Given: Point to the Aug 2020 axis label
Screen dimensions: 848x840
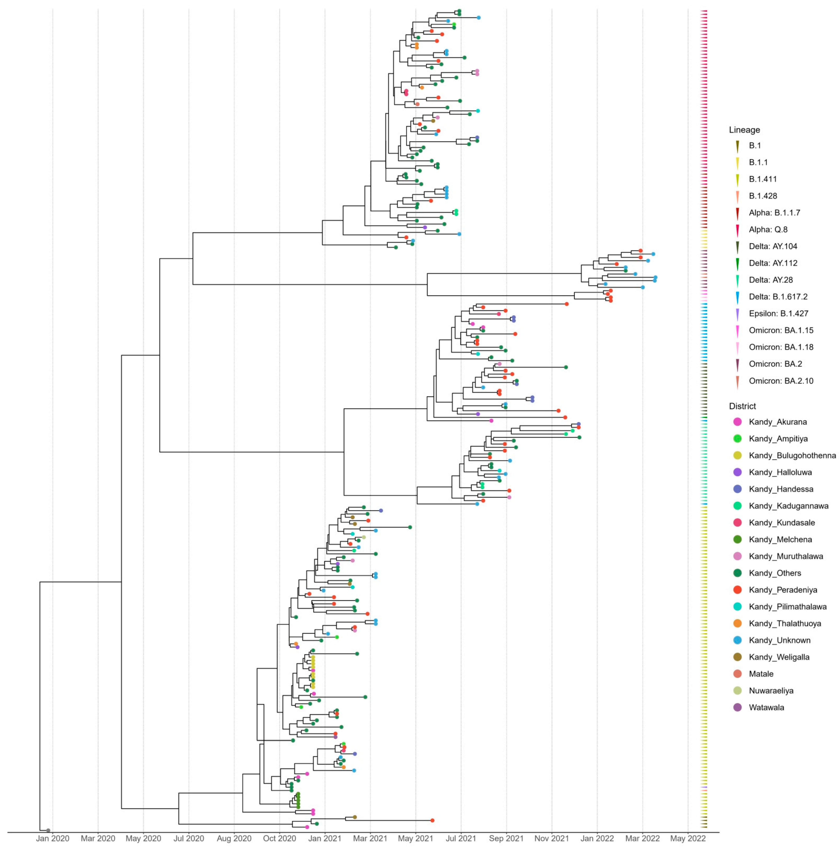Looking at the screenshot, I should coord(234,838).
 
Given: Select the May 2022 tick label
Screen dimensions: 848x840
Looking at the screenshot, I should coord(688,838).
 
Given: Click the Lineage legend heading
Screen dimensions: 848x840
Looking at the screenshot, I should coord(744,130).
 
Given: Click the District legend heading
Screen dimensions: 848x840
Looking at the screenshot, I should coord(743,406).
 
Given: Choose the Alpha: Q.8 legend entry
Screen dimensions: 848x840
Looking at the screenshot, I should coord(768,230).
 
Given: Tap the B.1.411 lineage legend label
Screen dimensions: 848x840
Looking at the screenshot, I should coord(763,179).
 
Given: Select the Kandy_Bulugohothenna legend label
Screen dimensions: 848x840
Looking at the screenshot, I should coord(792,456).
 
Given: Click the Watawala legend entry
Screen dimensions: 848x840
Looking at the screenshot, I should coord(766,708).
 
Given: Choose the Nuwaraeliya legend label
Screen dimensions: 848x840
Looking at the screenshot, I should coord(771,691).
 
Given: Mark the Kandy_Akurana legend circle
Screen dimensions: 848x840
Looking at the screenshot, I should coord(737,422).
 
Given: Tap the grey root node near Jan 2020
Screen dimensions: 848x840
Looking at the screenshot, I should coord(48,830).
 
